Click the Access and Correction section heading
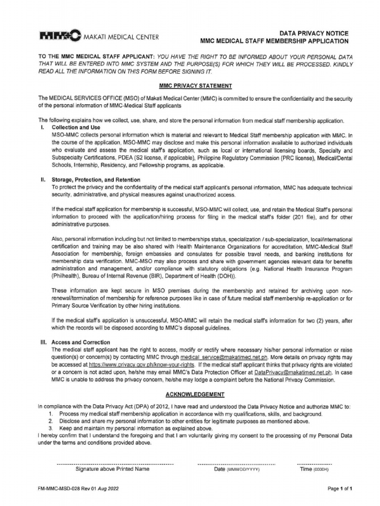[x=81, y=342]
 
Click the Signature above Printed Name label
[x=112, y=469]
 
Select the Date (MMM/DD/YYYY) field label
[x=237, y=469]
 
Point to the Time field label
[x=314, y=469]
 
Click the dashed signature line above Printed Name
[x=115, y=464]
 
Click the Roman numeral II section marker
[x=43, y=179]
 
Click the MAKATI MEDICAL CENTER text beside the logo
[x=120, y=37]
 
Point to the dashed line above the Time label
[x=314, y=464]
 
